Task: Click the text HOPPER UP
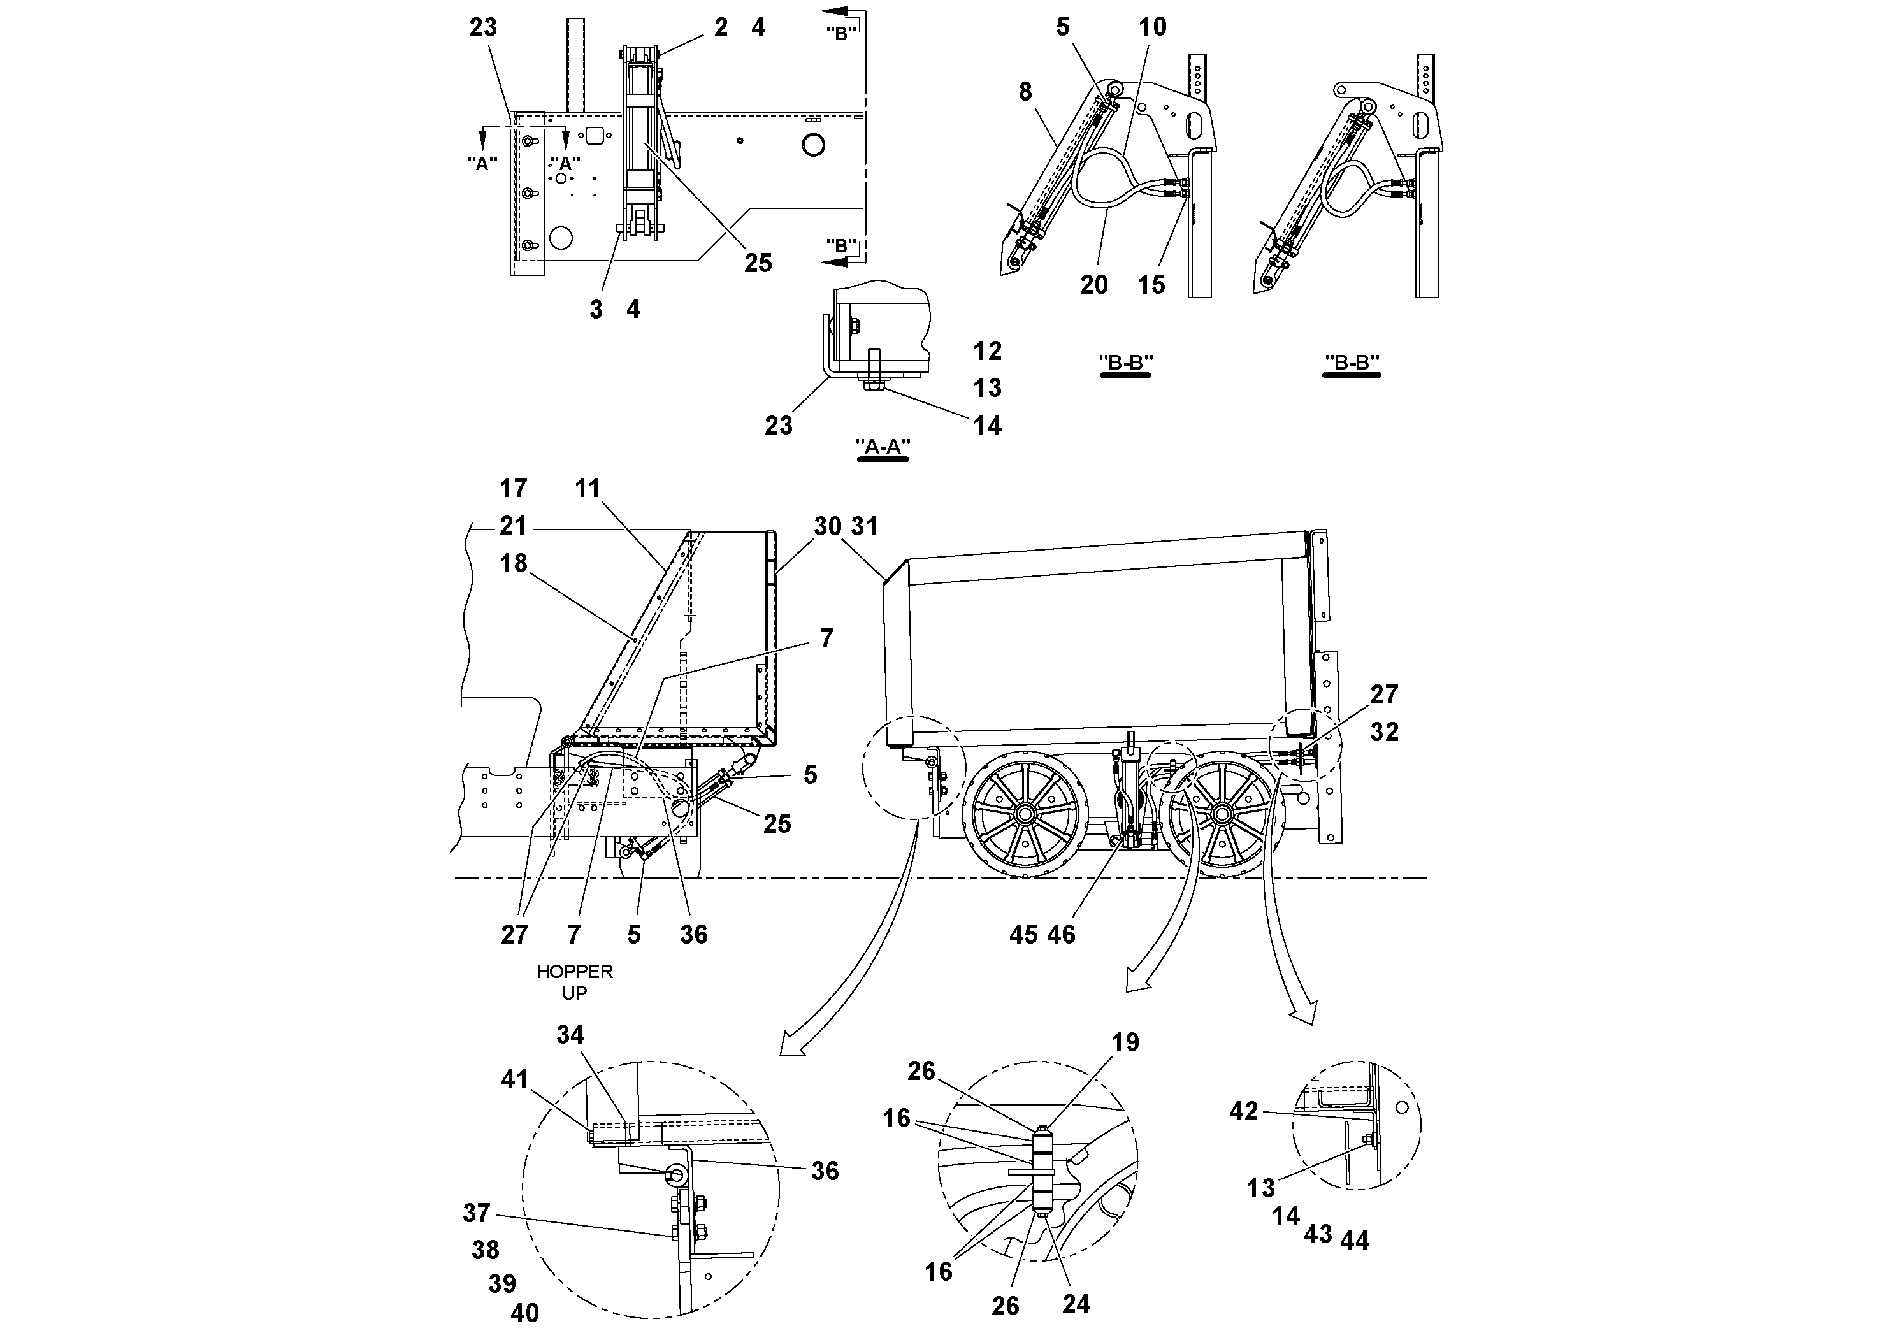574,983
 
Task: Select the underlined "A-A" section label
883,447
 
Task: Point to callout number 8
1025,92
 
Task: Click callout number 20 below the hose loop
1094,285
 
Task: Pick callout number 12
987,351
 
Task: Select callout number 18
513,563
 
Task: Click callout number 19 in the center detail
1125,1042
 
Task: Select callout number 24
1076,1304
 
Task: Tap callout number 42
1243,1111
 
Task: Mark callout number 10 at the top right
1153,27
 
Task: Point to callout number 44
1355,1240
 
